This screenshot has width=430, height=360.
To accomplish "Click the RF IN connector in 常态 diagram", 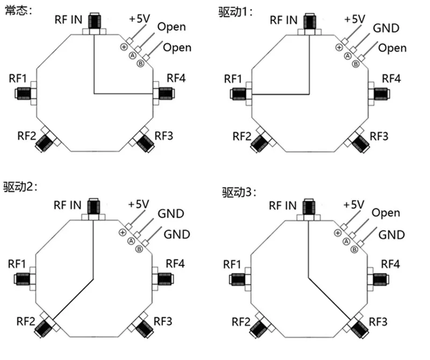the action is pyautogui.click(x=95, y=22).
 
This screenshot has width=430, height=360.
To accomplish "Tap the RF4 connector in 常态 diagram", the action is pyautogui.click(x=166, y=94).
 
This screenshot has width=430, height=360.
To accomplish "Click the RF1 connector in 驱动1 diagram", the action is pyautogui.click(x=238, y=94).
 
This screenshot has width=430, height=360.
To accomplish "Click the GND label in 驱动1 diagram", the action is pyautogui.click(x=386, y=28).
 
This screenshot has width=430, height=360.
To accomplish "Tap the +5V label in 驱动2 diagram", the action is pyautogui.click(x=139, y=204).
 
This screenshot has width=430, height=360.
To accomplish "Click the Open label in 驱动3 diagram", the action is pyautogui.click(x=385, y=213).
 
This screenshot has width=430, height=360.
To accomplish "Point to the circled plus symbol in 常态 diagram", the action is pyautogui.click(x=124, y=47).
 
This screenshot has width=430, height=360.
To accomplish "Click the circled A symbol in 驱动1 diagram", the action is pyautogui.click(x=348, y=56).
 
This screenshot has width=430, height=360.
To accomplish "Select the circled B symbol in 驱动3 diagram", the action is pyautogui.click(x=355, y=250).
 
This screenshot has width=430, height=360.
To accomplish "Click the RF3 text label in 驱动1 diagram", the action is pyautogui.click(x=379, y=136).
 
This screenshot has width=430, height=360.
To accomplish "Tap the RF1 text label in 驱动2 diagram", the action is pyautogui.click(x=17, y=264).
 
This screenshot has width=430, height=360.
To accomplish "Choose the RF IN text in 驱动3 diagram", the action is pyautogui.click(x=283, y=206).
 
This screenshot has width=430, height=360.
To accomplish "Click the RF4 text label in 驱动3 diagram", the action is pyautogui.click(x=390, y=264).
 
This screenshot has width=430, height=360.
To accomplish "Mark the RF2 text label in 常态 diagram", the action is pyautogui.click(x=26, y=136).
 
